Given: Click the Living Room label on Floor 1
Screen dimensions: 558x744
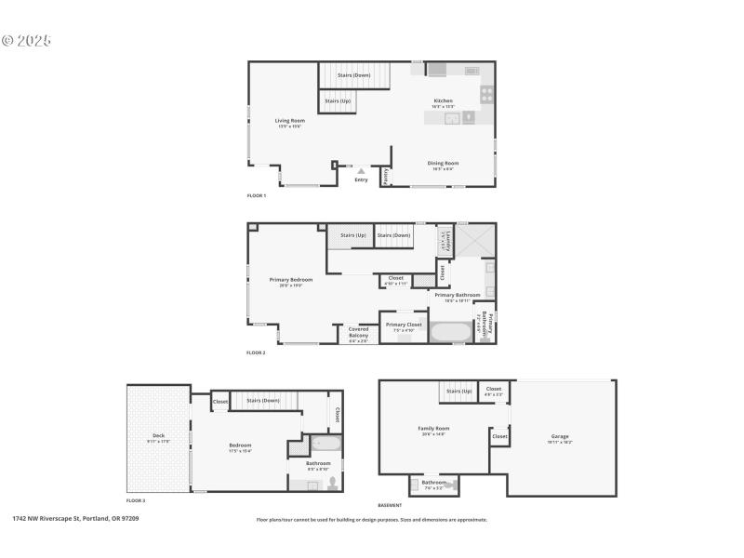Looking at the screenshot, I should (x=289, y=121).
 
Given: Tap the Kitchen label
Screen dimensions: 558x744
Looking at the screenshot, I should (x=444, y=101).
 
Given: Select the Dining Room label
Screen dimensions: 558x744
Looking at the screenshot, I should (x=443, y=164).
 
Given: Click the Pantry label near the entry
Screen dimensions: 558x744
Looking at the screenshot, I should (x=386, y=177).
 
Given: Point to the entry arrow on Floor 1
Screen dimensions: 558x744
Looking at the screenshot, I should (x=361, y=170).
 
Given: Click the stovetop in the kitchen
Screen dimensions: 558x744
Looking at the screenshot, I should (x=486, y=94).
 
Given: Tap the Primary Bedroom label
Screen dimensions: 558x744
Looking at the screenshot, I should (x=291, y=280).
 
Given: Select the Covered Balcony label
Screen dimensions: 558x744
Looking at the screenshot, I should (x=358, y=331).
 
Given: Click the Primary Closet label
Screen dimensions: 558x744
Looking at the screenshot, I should (x=404, y=325).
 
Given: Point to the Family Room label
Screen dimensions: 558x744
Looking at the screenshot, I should (x=433, y=429).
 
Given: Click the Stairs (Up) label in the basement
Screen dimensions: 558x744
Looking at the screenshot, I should (x=459, y=391).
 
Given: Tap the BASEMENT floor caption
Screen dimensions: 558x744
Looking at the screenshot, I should (x=391, y=505).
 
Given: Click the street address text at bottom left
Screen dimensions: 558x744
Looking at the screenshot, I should (x=75, y=518).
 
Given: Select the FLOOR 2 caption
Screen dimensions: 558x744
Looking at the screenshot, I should (x=256, y=353).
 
